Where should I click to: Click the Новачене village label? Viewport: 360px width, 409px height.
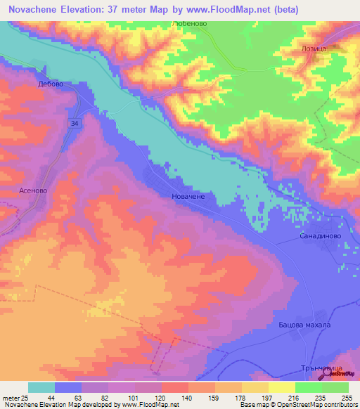point(188,197)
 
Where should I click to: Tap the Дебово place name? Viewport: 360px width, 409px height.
point(51,84)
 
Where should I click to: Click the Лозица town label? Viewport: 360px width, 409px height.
point(312,51)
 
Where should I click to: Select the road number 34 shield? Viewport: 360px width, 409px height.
point(74,123)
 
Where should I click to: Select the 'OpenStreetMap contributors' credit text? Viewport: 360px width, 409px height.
point(316,405)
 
